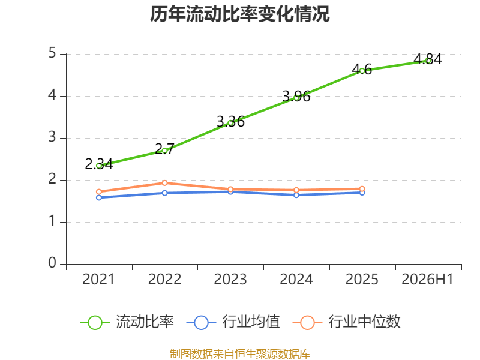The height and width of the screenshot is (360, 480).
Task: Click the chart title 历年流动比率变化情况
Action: tap(239, 14)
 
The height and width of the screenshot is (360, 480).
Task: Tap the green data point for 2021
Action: tap(99, 166)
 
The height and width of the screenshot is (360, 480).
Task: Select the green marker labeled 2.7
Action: tap(164, 151)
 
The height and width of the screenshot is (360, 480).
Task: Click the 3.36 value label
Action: tap(230, 122)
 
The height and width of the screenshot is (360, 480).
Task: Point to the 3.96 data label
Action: tap(296, 97)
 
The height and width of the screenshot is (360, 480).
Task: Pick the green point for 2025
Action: tap(362, 71)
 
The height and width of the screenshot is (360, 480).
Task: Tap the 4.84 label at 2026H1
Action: tap(428, 59)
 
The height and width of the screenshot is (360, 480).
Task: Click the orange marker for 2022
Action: tap(164, 183)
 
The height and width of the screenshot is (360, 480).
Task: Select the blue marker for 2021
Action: tap(99, 198)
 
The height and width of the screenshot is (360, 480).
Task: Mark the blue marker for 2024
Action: tap(296, 195)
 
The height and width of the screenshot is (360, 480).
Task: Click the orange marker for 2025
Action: tap(362, 189)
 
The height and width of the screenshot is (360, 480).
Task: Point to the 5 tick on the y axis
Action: tap(52, 53)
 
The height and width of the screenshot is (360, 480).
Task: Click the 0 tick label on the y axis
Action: tap(52, 263)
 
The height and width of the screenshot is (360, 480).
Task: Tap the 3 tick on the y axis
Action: tap(52, 137)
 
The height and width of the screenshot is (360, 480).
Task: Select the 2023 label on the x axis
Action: tap(230, 279)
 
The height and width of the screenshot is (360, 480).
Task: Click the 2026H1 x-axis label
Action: tap(427, 279)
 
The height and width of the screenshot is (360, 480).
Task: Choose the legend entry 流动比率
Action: tap(127, 322)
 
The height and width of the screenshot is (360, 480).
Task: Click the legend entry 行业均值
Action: tap(233, 322)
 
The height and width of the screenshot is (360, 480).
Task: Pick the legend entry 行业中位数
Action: tap(347, 322)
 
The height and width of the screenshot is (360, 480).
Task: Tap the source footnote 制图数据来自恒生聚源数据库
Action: tap(240, 354)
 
